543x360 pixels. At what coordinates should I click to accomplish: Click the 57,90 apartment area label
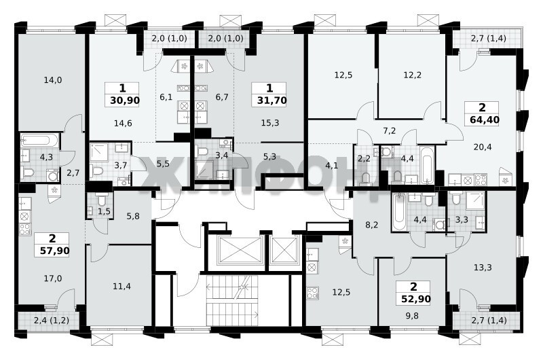click(x=55, y=251)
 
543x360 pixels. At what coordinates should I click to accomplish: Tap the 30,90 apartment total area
click(x=125, y=101)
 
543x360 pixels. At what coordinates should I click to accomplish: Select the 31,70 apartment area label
click(x=272, y=101)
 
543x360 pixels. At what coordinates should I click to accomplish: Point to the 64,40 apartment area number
click(x=485, y=120)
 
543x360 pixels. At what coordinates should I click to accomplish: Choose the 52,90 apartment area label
click(x=416, y=299)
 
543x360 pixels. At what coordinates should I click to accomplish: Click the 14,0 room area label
click(x=53, y=80)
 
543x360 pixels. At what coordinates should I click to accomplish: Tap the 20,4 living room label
click(x=483, y=147)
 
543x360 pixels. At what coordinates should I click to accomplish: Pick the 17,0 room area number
click(x=53, y=278)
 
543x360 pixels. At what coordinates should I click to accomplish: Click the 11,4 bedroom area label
click(x=122, y=286)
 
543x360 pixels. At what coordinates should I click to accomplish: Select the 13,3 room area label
click(x=483, y=268)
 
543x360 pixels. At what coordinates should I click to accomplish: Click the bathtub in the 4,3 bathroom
click(x=39, y=141)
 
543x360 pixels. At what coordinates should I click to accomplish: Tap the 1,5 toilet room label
click(x=104, y=211)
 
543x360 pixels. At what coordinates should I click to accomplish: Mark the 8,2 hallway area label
click(x=372, y=226)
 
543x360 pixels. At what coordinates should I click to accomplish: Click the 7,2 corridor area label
click(x=390, y=131)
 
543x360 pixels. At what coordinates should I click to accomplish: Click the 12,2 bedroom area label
click(x=413, y=75)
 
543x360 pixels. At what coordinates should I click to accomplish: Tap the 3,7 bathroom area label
click(x=121, y=165)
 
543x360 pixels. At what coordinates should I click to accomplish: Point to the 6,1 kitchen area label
click(x=166, y=97)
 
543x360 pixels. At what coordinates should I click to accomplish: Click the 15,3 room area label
click(x=270, y=123)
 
